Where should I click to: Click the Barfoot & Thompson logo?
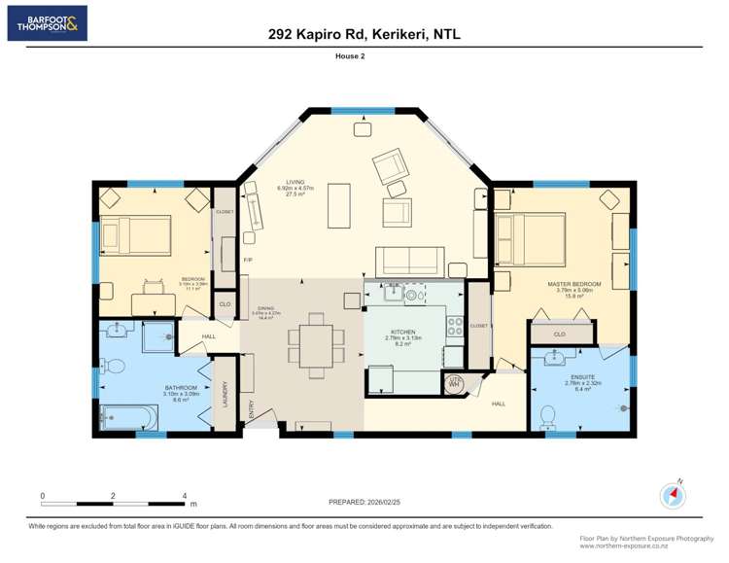click(47, 22)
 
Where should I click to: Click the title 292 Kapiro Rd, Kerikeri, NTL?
click(364, 34)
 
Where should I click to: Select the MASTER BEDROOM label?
click(573, 284)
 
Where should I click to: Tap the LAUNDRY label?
click(226, 393)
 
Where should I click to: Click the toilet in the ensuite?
click(547, 417)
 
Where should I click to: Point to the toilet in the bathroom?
click(113, 367)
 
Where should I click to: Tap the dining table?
click(315, 344)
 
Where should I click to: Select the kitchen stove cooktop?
click(454, 329)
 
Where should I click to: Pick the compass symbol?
click(673, 495)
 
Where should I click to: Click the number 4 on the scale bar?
click(185, 495)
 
